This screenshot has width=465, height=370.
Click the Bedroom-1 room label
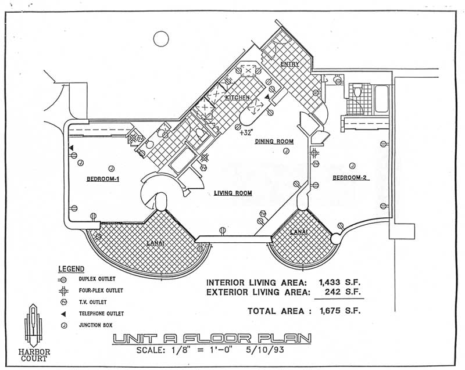(x=103, y=179)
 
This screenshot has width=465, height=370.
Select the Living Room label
(x=233, y=193)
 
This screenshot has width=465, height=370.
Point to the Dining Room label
(x=274, y=141)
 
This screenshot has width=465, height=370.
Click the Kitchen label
(x=237, y=98)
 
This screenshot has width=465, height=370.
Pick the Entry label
(x=289, y=64)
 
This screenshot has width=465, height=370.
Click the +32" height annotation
(x=245, y=132)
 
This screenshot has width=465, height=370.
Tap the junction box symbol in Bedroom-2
(x=352, y=166)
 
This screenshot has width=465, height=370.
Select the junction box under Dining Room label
(x=286, y=151)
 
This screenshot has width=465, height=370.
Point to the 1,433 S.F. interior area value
(x=340, y=282)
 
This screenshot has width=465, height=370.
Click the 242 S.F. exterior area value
(x=343, y=292)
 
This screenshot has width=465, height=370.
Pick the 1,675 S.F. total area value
(x=340, y=311)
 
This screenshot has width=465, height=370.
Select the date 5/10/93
(x=265, y=350)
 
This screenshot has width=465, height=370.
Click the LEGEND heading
(x=71, y=269)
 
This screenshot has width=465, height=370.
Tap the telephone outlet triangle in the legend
(x=63, y=314)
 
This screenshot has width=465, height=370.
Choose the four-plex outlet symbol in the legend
(x=63, y=291)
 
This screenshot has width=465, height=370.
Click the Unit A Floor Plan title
(x=212, y=339)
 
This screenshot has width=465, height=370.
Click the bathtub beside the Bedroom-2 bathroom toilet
(x=381, y=99)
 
